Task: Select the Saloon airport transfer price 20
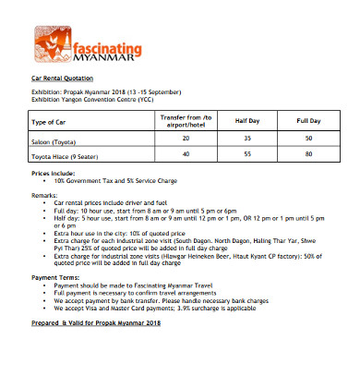tap(186, 138)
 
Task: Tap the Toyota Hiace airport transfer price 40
tap(186, 153)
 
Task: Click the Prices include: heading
tap(54, 173)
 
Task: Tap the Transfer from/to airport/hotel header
tap(186, 122)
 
